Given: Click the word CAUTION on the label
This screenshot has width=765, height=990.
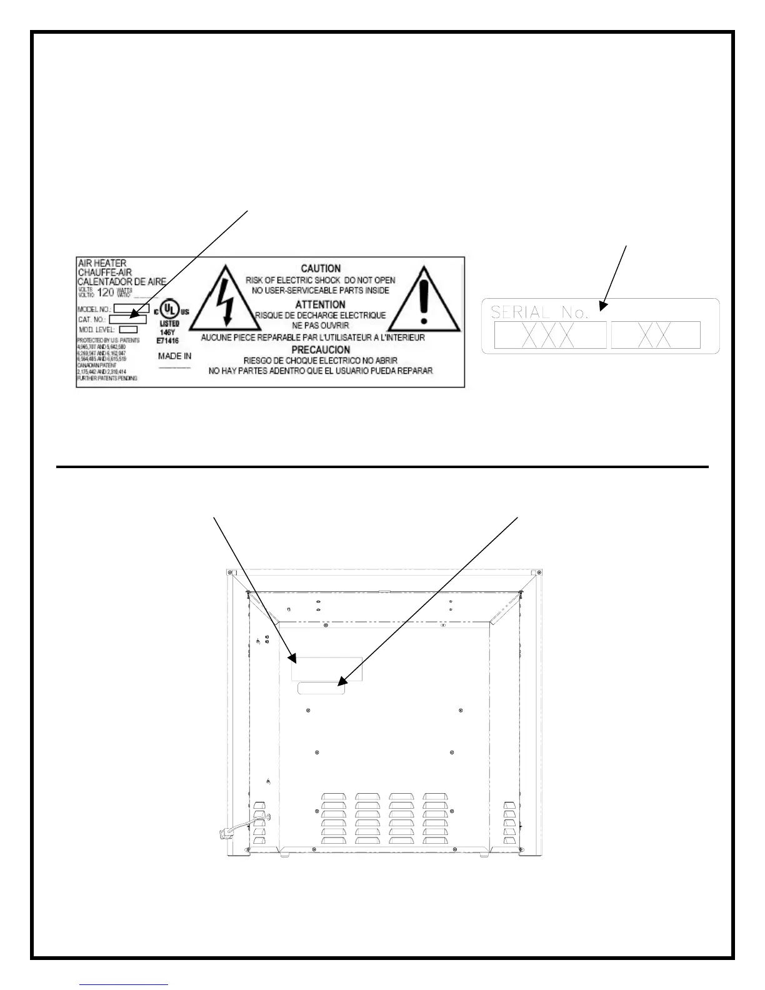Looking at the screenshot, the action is pyautogui.click(x=321, y=269).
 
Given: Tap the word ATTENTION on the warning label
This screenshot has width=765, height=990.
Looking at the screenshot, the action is pyautogui.click(x=321, y=304).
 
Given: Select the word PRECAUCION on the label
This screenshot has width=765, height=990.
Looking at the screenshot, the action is pyautogui.click(x=321, y=349).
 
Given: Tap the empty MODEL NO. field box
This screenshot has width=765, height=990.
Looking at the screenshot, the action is pyautogui.click(x=131, y=308).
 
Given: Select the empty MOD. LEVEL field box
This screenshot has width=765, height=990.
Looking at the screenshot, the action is pyautogui.click(x=128, y=329).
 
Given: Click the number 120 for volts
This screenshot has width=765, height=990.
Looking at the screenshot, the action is pyautogui.click(x=106, y=292).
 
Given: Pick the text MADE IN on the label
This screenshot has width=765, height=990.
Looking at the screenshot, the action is pyautogui.click(x=174, y=356).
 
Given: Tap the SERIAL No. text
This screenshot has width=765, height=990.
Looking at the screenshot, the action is pyautogui.click(x=539, y=312).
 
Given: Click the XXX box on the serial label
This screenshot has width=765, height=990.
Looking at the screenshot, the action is pyautogui.click(x=550, y=336).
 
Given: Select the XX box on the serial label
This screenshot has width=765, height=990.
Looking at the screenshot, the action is pyautogui.click(x=656, y=336).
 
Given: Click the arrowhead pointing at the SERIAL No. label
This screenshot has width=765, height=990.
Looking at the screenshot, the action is pyautogui.click(x=602, y=306).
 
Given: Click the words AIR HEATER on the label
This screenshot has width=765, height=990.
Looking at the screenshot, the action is pyautogui.click(x=102, y=263).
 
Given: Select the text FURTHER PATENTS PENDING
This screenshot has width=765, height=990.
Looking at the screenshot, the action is pyautogui.click(x=107, y=379).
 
